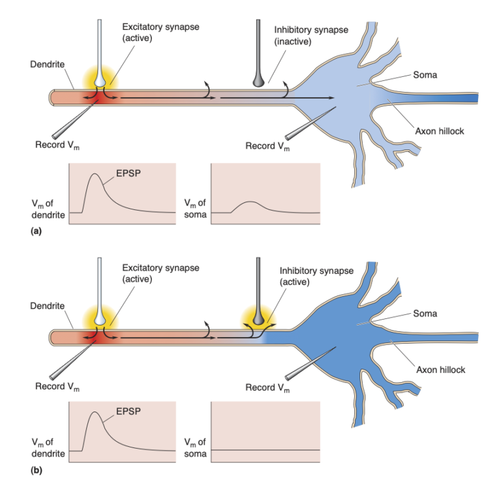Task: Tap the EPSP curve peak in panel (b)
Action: point(96,413)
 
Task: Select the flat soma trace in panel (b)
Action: point(266,450)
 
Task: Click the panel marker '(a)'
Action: point(37,230)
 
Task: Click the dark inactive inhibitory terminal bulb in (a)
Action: point(260,79)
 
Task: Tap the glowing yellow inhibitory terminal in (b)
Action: point(259,318)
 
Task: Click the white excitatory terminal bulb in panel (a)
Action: point(99,80)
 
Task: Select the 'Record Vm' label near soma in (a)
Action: point(267,145)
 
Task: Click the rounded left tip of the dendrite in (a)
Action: point(53,98)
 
